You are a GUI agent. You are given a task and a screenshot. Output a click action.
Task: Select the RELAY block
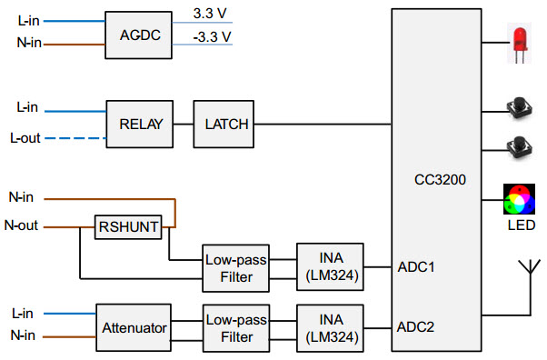click(139, 125)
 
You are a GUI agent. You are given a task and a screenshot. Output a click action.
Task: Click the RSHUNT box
click(128, 226)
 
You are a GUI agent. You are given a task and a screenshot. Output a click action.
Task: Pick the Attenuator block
click(133, 325)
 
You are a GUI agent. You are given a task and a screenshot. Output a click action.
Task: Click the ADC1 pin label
click(417, 267)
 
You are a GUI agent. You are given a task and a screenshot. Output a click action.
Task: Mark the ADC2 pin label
click(417, 325)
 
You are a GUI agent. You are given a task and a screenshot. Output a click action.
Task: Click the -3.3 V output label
click(213, 37)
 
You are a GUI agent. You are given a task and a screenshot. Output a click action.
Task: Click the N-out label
click(22, 225)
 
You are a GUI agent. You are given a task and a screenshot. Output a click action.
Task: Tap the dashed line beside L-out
click(73, 139)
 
